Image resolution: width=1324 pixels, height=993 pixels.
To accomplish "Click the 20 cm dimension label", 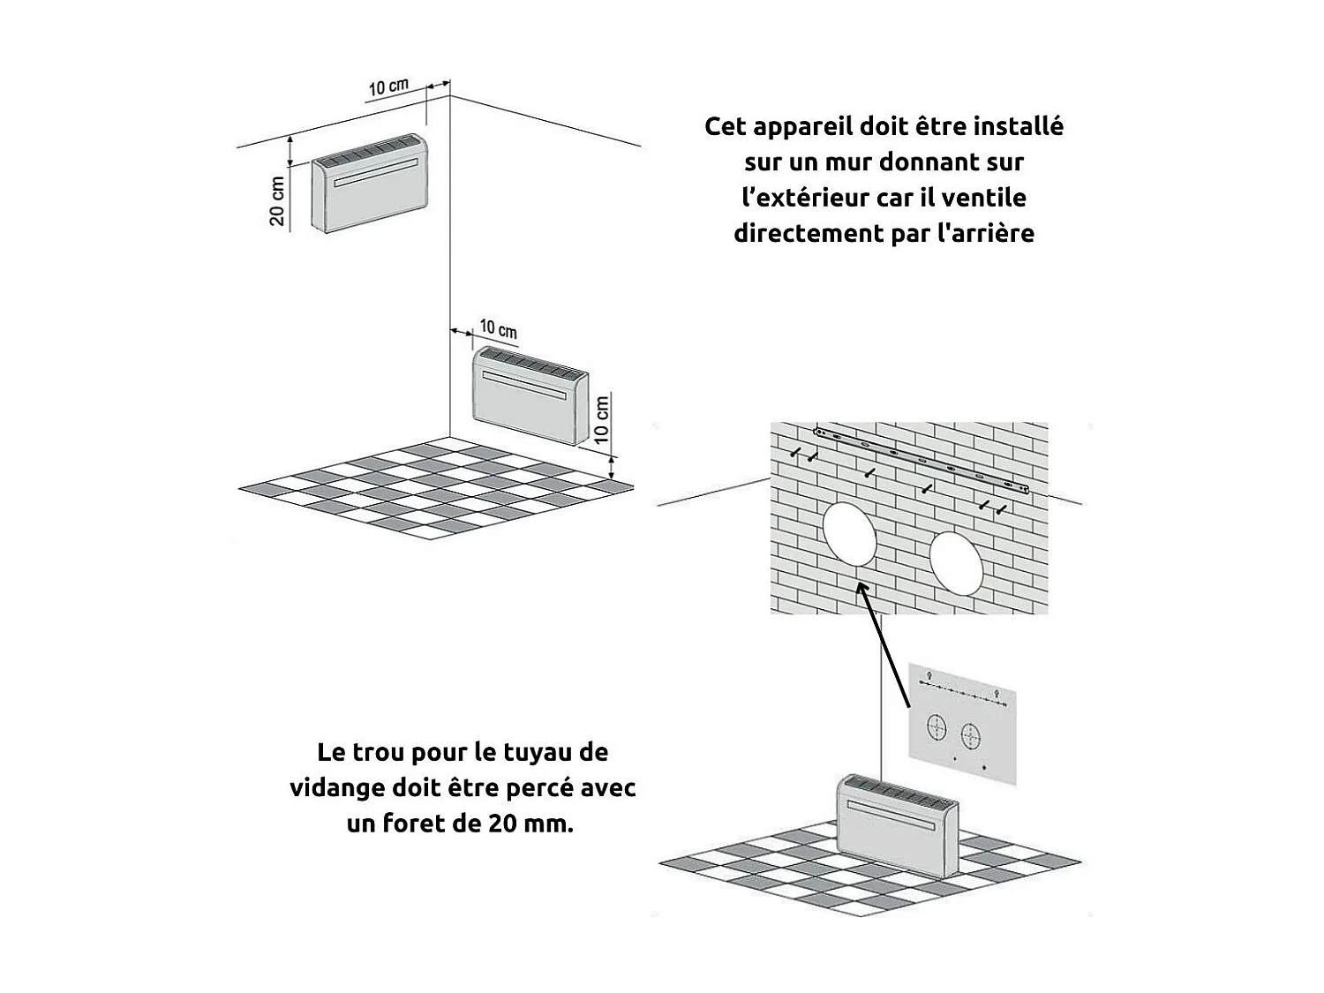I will tap(277, 201).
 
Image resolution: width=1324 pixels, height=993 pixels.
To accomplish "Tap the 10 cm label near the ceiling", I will tap(388, 87).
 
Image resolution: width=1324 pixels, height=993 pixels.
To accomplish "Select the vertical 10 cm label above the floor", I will tap(602, 419).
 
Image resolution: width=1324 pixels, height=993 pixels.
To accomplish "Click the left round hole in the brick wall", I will tap(849, 534).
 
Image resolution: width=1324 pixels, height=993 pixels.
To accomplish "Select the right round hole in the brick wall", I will tap(955, 562).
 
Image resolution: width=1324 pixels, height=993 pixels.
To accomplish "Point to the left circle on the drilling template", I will tap(937, 728).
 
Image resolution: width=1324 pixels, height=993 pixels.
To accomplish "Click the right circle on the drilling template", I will tap(970, 735).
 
